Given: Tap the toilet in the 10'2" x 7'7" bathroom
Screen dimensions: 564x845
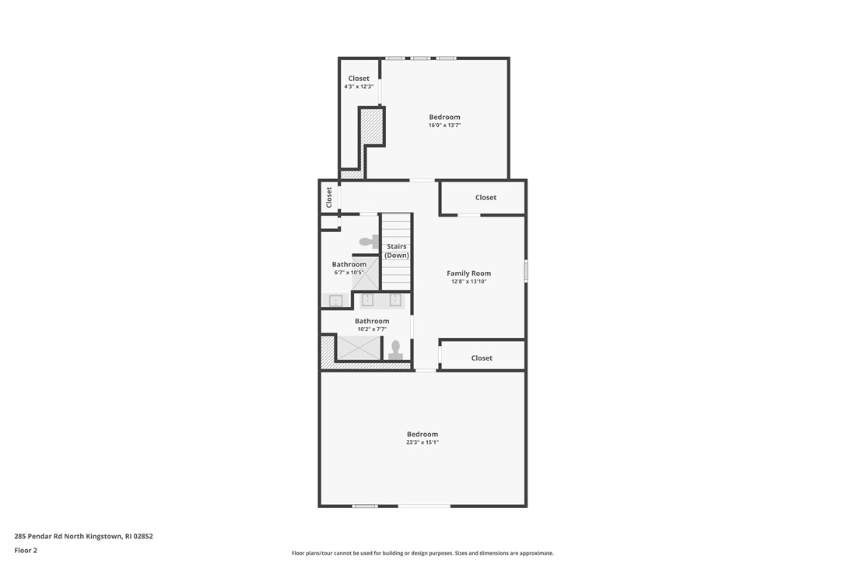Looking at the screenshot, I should coord(395,350).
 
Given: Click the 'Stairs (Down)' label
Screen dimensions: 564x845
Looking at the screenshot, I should coord(397,251).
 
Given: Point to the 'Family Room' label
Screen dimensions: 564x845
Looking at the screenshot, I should coord(468,273).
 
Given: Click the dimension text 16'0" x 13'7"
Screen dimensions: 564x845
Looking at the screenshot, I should coord(444,125).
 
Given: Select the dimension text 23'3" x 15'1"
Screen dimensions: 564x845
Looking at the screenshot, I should coord(422,442).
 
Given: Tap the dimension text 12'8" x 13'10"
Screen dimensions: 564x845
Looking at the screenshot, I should coord(468,281).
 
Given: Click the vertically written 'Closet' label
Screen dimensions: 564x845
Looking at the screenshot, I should coord(329,196).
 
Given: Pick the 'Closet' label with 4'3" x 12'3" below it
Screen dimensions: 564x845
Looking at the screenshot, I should coord(359,79).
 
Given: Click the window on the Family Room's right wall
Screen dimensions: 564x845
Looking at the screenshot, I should coord(526,271).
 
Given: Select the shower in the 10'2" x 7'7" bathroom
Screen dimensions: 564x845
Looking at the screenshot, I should coord(358,347).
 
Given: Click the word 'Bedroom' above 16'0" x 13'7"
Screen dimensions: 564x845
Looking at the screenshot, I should coord(444,118).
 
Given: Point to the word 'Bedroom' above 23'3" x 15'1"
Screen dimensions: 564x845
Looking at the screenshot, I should coord(422,434).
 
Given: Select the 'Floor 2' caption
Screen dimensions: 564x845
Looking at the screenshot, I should coord(26,550).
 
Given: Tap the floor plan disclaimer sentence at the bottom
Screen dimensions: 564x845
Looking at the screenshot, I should coord(422,553).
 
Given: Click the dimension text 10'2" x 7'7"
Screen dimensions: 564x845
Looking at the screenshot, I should coord(372,330).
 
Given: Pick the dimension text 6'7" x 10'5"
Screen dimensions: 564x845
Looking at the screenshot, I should coord(349,273).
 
